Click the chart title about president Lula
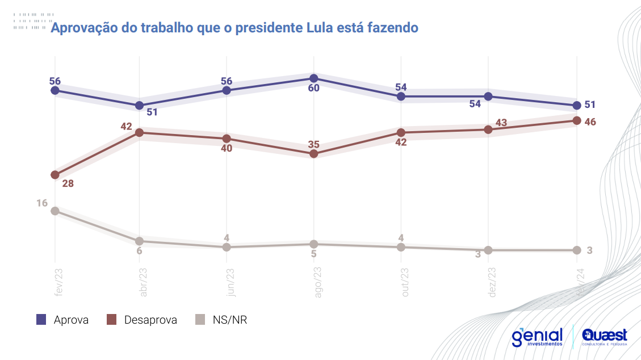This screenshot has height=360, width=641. click(234, 27)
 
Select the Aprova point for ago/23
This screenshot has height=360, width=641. click(314, 78)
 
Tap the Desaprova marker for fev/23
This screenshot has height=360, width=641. click(55, 175)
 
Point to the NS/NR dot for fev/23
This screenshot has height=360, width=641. click(55, 211)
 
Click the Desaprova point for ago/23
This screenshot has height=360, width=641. click(314, 154)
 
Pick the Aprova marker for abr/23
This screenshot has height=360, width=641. click(139, 106)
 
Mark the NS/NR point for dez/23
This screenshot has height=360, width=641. click(489, 250)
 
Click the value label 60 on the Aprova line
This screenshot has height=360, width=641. click(314, 88)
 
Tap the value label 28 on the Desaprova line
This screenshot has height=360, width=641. click(68, 183)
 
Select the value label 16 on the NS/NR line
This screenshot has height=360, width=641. click(42, 203)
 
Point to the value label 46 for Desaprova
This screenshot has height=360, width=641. click(590, 122)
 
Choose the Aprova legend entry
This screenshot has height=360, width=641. click(62, 320)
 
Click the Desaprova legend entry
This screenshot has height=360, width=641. click(142, 320)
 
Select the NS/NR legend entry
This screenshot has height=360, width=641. click(221, 320)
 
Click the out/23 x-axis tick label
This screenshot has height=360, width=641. click(405, 282)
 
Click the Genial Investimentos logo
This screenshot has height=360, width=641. click(537, 337)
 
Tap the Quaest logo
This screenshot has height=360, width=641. click(605, 337)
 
